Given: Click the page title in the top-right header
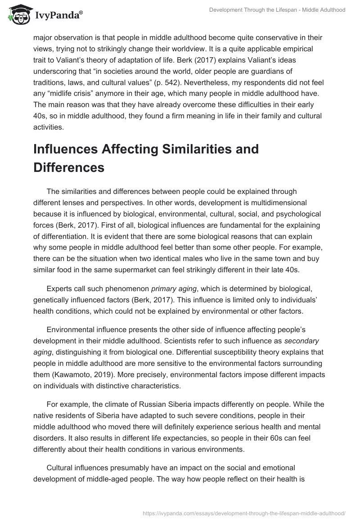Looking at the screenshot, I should pyautogui.click(x=277, y=10).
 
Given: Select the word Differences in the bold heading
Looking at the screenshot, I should pyautogui.click(x=68, y=168).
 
